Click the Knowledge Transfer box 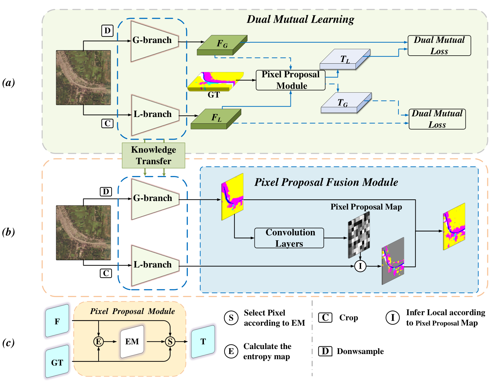153,155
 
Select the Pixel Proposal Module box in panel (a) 290,80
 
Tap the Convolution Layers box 289,238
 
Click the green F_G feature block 222,45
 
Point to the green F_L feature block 216,119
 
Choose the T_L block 345,59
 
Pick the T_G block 346,103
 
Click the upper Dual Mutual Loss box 439,46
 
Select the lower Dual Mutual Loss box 437,119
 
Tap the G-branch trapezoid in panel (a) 153,41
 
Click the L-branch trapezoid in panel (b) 153,265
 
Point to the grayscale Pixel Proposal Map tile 359,235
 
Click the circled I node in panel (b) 360,266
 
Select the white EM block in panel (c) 132,342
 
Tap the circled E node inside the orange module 98,342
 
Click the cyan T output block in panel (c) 203,342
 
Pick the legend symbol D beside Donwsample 325,351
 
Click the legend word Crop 348,318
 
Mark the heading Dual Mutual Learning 300,19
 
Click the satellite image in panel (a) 83,78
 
